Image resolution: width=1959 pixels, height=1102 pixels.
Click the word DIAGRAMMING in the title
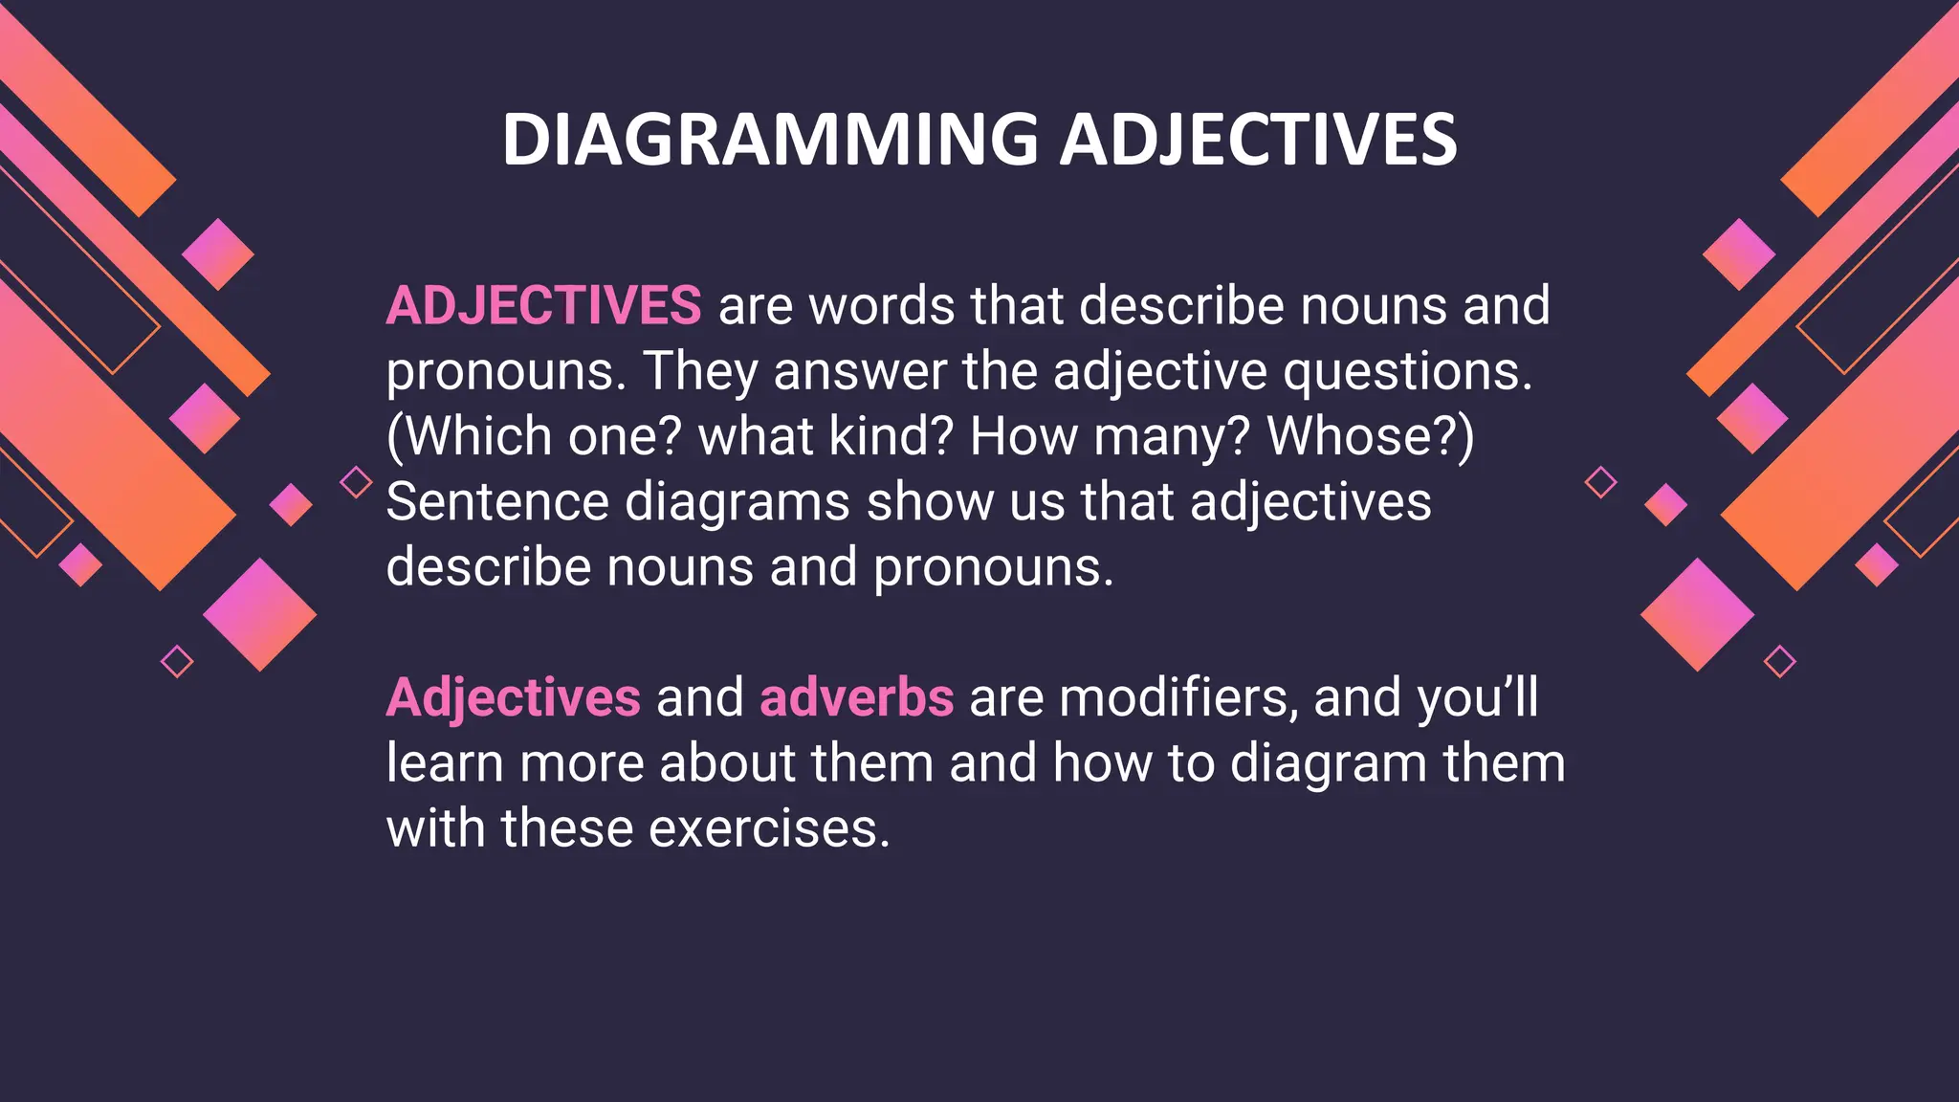click(x=770, y=140)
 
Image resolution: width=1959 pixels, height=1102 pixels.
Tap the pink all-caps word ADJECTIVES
click(x=543, y=306)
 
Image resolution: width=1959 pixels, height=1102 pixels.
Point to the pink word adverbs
click(x=856, y=697)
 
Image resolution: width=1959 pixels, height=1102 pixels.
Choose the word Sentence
click(x=497, y=502)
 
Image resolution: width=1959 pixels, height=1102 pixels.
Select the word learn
click(x=445, y=763)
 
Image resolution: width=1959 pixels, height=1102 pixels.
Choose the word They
click(x=700, y=373)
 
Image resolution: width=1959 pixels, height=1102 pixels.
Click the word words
click(x=882, y=306)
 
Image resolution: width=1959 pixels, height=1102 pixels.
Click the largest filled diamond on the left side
click(x=259, y=615)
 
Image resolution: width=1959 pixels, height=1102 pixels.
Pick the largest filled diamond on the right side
click(x=1697, y=615)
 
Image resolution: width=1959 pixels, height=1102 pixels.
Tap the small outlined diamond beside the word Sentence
click(x=356, y=482)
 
